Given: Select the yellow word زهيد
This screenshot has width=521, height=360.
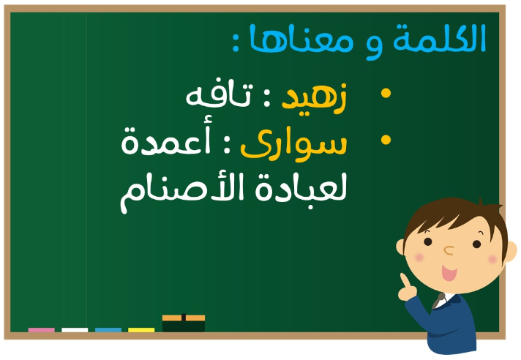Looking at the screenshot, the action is [x=314, y=97].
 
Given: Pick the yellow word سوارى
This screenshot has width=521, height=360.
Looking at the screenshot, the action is [x=293, y=145].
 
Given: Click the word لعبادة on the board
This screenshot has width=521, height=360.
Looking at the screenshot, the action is [x=301, y=188].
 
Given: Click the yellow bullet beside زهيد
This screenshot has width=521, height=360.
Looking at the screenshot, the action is [x=386, y=93].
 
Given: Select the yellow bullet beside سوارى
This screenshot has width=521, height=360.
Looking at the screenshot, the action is [x=386, y=140].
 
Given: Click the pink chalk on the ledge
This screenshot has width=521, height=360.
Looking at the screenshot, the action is [x=42, y=330].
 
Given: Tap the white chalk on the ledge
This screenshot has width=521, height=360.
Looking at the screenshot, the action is [x=75, y=330].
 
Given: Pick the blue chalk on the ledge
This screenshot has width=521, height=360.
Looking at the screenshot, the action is [x=108, y=330].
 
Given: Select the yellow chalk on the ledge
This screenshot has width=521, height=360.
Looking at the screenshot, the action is [x=141, y=330].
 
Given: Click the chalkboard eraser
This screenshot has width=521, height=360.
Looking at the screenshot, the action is [x=184, y=323].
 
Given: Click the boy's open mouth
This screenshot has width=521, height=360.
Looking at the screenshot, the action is [x=449, y=273].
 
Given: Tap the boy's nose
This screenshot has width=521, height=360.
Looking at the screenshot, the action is [x=449, y=250].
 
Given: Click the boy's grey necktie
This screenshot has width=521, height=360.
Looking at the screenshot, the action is [x=438, y=301].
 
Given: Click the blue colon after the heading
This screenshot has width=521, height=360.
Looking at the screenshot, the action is [x=236, y=44].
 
